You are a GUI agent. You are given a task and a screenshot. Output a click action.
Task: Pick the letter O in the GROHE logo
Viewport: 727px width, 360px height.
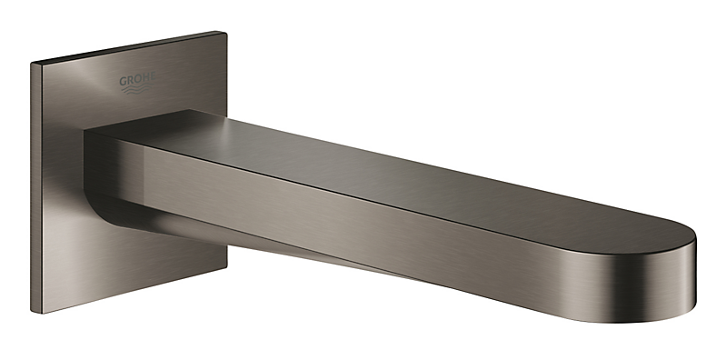(137, 79)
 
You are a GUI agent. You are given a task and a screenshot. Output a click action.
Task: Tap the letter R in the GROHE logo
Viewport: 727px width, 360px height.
(129, 81)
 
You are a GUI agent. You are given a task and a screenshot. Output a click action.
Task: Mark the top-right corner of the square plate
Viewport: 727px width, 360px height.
(224, 33)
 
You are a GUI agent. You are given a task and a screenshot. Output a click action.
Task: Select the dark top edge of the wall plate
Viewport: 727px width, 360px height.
(127, 47)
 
